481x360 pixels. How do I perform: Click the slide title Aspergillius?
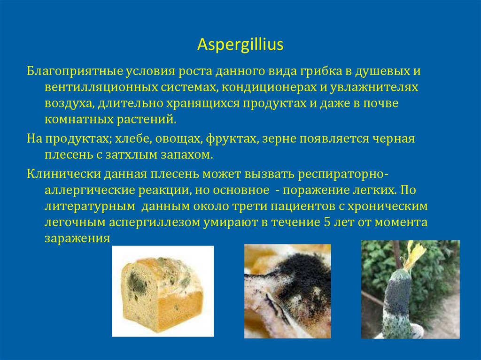point(240,44)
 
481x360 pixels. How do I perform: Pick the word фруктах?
point(233,139)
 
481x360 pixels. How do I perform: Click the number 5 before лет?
point(327,222)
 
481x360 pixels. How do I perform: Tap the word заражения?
point(77,237)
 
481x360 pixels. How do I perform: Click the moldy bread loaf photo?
point(163,291)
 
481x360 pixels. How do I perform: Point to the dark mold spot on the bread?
point(137,281)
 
